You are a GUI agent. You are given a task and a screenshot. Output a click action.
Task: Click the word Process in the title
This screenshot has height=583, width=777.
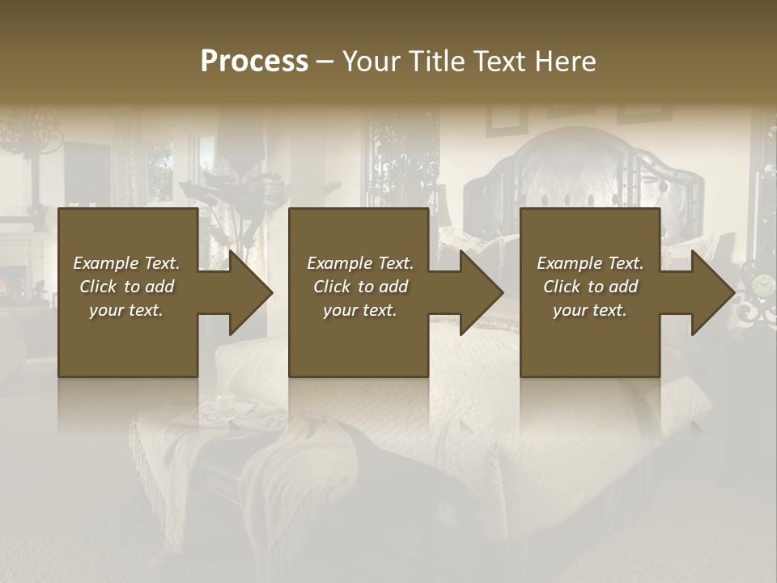[254, 62]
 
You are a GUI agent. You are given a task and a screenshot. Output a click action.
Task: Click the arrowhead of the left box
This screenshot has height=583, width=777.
[250, 292]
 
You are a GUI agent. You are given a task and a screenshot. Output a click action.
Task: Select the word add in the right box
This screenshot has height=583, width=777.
[624, 287]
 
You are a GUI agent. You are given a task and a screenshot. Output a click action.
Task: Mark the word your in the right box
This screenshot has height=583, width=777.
[569, 310]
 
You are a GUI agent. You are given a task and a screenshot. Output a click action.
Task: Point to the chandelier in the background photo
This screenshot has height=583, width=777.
[32, 134]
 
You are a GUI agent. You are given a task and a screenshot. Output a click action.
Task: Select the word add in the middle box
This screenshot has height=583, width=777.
[394, 287]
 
